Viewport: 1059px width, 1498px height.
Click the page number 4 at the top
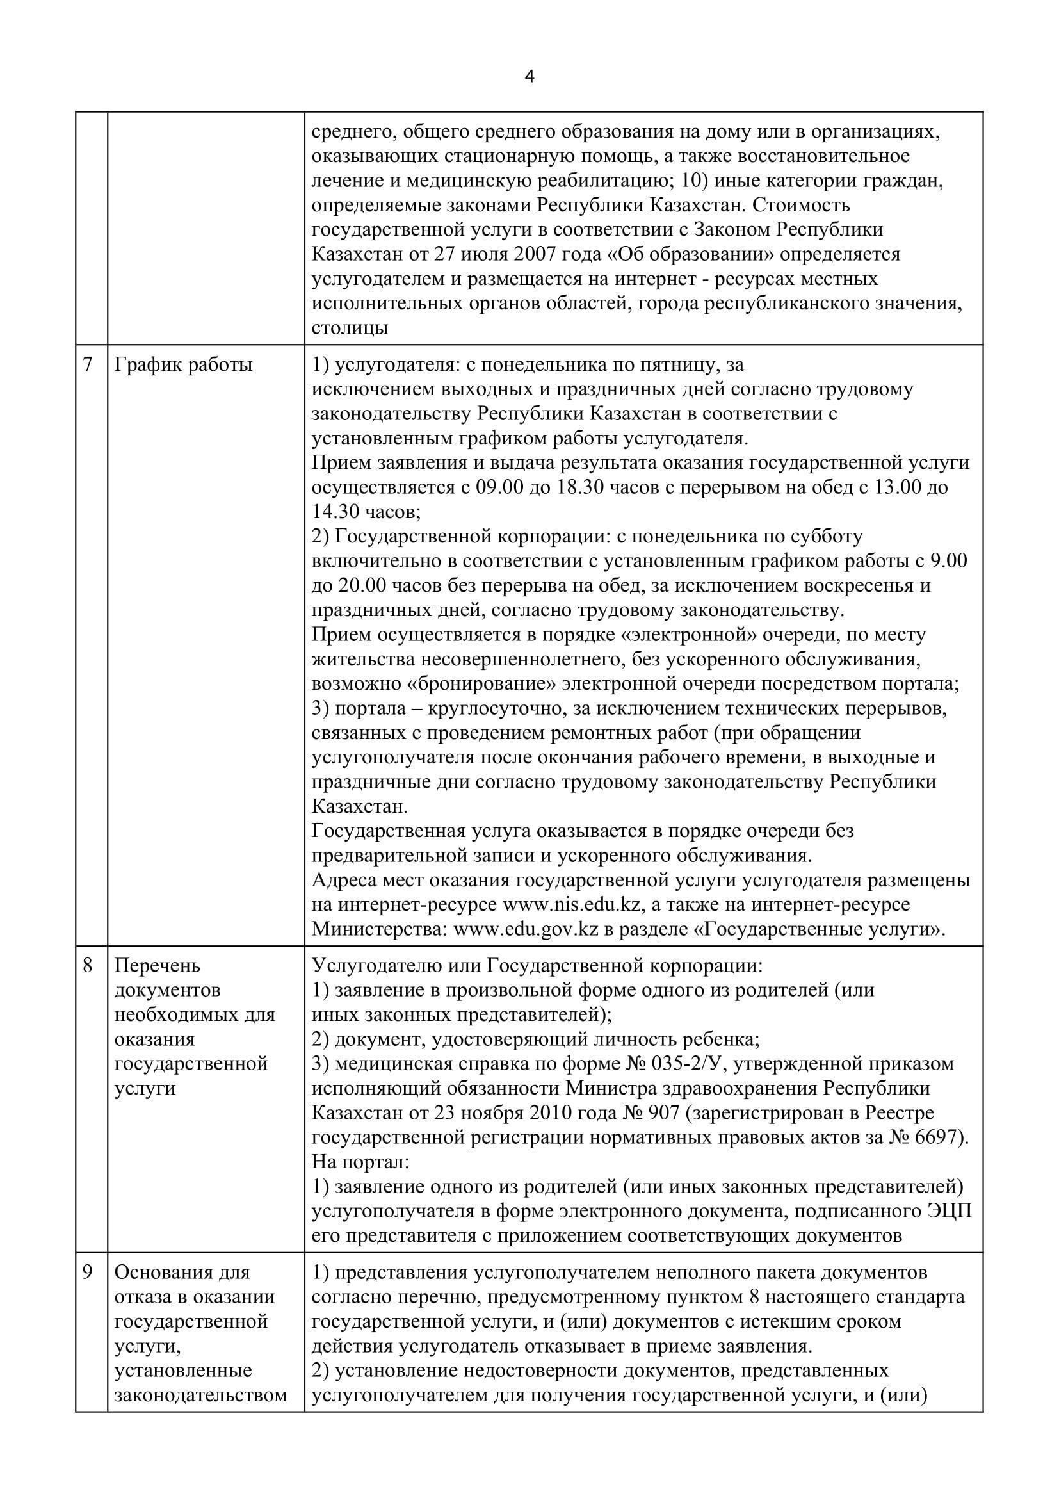pyautogui.click(x=529, y=77)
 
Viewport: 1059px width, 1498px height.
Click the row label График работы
pyautogui.click(x=183, y=364)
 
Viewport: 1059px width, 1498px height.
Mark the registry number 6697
pyautogui.click(x=937, y=1137)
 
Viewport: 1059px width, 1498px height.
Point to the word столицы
pyautogui.click(x=350, y=328)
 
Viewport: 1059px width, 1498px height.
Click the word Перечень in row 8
pyautogui.click(x=157, y=965)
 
